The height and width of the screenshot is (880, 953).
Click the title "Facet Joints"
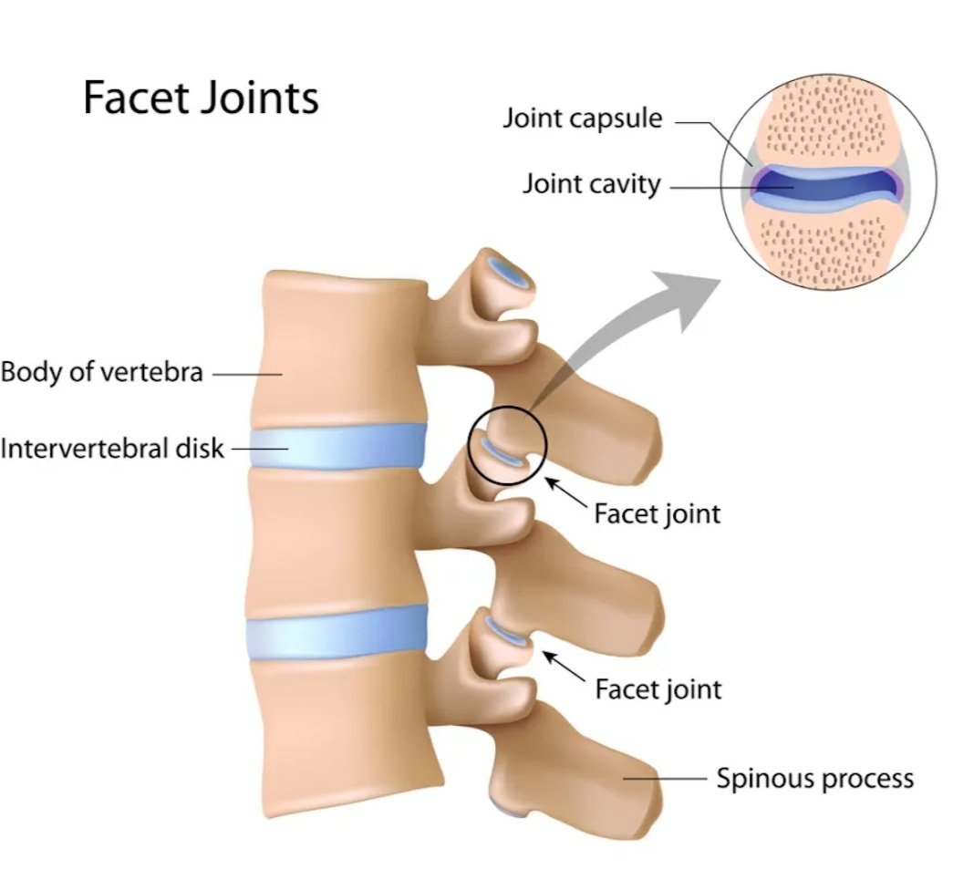(201, 98)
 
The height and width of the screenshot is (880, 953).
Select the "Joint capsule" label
(583, 118)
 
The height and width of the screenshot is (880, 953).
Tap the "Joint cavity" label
(591, 183)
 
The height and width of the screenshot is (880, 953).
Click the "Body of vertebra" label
(101, 372)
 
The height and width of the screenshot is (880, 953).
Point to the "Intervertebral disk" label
(111, 448)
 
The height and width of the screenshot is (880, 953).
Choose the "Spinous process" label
(813, 778)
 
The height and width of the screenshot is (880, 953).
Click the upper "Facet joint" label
(657, 513)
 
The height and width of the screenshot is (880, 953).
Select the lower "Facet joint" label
(658, 688)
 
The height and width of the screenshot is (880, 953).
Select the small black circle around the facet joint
(507, 446)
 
